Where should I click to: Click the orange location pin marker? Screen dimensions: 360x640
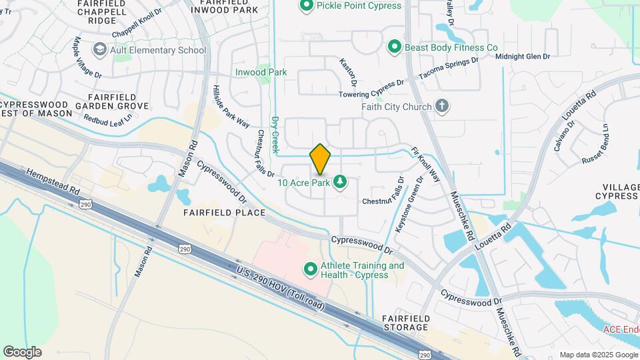click(x=320, y=159)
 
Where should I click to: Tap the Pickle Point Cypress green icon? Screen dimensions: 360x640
click(x=307, y=6)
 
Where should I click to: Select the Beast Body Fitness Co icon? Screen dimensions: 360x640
click(x=395, y=47)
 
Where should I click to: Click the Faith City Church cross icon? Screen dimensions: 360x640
click(x=441, y=106)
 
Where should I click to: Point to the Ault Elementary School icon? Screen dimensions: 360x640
click(x=100, y=50)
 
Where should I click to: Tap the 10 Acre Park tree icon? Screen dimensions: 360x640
click(x=340, y=182)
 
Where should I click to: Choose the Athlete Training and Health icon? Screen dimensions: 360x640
click(x=310, y=270)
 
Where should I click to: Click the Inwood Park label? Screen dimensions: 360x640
click(x=261, y=72)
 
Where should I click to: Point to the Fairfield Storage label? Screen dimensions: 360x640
click(x=405, y=323)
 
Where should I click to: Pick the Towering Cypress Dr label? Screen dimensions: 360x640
click(x=372, y=89)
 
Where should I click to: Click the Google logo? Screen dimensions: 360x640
click(x=22, y=351)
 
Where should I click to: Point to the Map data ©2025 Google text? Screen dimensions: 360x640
click(x=597, y=355)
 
